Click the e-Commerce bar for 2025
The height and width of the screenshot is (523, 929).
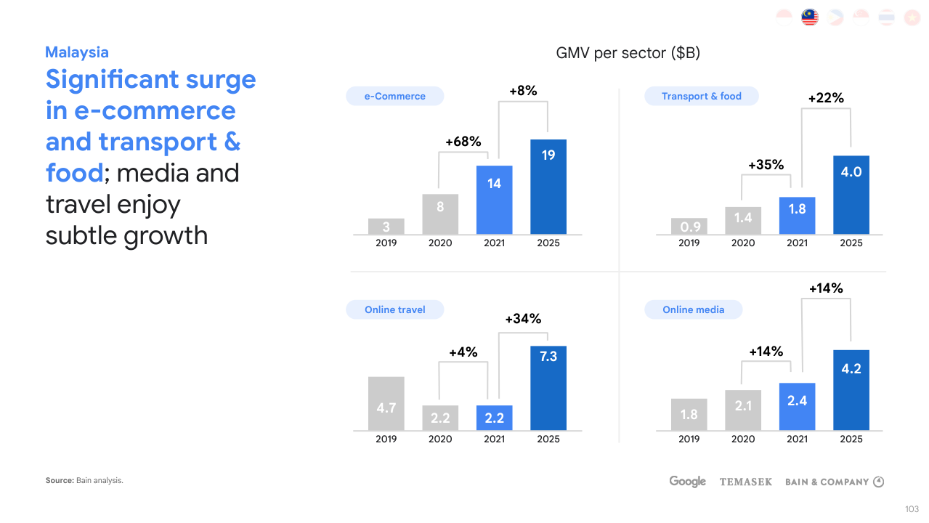tap(548, 187)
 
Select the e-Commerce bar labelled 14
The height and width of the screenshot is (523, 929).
tap(494, 200)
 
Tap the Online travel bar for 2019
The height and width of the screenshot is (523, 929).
tap(386, 403)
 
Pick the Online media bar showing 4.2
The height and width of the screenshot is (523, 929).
tap(851, 390)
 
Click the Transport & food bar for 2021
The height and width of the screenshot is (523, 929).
tap(797, 215)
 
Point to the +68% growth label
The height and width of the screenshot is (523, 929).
tap(463, 142)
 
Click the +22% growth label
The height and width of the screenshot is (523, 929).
tap(826, 98)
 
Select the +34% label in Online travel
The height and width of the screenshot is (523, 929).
tap(523, 319)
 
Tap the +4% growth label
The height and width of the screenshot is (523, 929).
tap(463, 352)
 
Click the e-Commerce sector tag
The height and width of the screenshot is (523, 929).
tap(395, 96)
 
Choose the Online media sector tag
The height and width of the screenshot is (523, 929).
tap(694, 309)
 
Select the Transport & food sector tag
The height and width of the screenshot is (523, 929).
tap(702, 96)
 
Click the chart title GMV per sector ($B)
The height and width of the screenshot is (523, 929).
tap(628, 53)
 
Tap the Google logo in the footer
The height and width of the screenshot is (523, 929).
tap(687, 482)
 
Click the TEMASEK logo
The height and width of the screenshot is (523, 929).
tap(746, 482)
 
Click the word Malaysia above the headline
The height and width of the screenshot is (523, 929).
tap(77, 52)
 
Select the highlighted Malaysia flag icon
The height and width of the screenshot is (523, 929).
tap(810, 17)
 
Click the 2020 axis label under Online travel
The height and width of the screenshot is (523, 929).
tap(440, 439)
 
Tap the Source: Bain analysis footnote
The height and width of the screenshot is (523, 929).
tap(84, 480)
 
